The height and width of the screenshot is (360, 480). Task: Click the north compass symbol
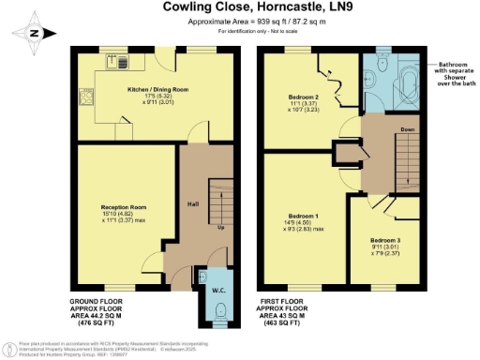click(x=35, y=34)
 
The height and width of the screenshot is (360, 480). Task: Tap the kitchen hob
click(x=87, y=97)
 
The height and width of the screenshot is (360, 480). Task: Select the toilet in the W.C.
click(x=215, y=286)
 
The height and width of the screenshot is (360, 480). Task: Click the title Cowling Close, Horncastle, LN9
click(x=240, y=9)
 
